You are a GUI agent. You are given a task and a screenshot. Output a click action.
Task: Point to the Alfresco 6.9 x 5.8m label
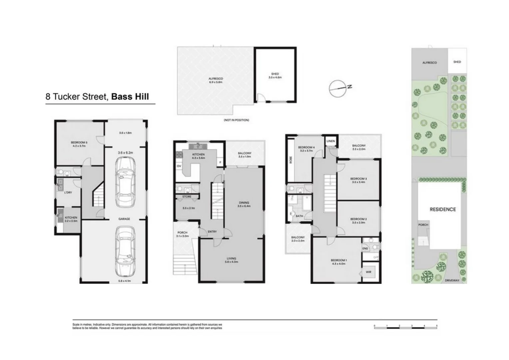[x=216, y=80]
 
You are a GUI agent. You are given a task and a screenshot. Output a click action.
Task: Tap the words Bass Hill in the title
[x=130, y=97]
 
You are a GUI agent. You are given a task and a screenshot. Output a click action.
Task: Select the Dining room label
[x=244, y=204]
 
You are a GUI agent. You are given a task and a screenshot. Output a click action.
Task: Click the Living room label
[x=232, y=260]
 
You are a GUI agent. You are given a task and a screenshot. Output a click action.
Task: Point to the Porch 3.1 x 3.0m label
[x=182, y=234]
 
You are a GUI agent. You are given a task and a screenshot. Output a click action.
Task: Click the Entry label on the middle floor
[x=212, y=232]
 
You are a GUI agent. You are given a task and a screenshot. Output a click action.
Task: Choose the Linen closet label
[x=330, y=141]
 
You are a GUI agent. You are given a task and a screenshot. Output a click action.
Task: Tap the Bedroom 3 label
[x=358, y=180]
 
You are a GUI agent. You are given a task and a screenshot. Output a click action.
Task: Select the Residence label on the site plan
[x=442, y=209]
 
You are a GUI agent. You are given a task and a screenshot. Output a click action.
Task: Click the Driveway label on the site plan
[x=452, y=280]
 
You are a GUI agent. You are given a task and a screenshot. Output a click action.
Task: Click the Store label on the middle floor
[x=187, y=197]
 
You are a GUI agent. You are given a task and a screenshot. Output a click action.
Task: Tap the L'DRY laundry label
[x=68, y=193]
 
